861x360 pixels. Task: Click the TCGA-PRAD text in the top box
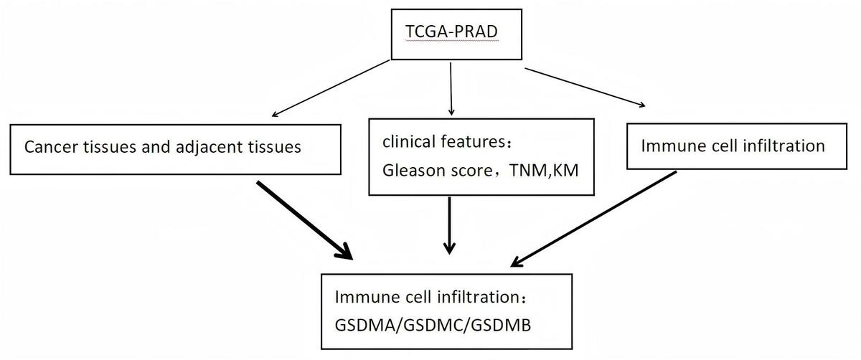(451, 32)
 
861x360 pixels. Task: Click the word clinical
(409, 141)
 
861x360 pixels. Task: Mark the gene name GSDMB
(501, 325)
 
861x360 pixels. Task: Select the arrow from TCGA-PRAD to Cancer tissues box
(331, 88)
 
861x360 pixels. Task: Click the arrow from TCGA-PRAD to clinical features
(451, 89)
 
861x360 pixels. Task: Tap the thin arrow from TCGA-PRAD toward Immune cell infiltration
(585, 87)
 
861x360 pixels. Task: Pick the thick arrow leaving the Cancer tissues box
(304, 220)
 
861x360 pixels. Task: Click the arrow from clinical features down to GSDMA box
(449, 226)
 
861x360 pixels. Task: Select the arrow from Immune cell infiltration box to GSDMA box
(593, 219)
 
